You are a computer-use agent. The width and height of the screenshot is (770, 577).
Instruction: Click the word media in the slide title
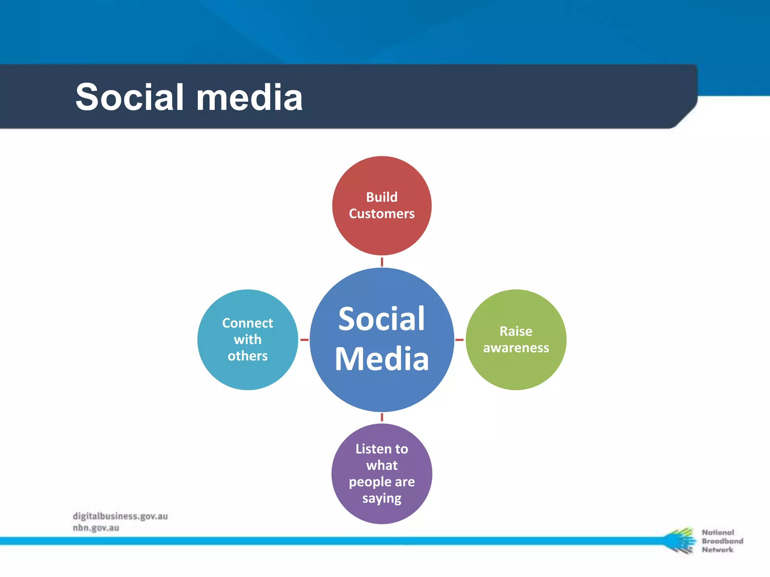point(249,97)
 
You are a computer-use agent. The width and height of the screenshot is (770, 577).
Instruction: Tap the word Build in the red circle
point(382,197)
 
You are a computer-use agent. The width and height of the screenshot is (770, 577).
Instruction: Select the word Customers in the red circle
point(382,214)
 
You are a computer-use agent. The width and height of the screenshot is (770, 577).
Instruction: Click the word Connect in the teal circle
point(247,323)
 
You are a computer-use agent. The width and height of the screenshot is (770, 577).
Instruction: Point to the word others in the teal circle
point(247,356)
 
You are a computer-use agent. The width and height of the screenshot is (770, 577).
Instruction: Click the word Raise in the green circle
point(516,331)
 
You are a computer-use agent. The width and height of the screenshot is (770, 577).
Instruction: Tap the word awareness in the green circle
point(516,348)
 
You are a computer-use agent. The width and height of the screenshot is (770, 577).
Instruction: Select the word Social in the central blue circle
point(382,319)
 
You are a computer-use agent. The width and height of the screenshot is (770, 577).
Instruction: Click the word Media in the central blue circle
point(382,359)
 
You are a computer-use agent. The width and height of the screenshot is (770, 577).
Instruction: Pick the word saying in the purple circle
point(382,498)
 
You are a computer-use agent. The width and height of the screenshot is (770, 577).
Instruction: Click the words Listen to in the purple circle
point(382,449)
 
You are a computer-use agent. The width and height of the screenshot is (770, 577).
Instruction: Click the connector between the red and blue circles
point(382,262)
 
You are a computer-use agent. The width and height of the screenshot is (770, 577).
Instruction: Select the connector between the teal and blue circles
point(304,340)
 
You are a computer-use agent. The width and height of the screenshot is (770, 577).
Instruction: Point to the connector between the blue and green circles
point(459,340)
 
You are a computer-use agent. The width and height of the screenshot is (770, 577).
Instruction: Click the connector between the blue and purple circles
point(382,417)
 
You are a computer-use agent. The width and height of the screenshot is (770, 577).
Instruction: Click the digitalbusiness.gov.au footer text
point(120,516)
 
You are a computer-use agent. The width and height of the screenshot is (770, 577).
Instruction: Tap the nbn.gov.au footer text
point(96,528)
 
